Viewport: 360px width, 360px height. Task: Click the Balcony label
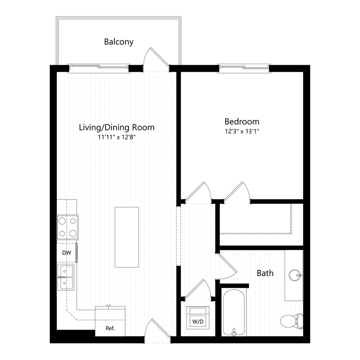118,42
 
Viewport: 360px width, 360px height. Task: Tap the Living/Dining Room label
116,128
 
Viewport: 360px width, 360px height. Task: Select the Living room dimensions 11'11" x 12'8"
116,137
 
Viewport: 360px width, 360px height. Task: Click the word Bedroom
242,121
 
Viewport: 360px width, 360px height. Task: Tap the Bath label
265,273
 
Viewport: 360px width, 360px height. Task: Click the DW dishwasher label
66,253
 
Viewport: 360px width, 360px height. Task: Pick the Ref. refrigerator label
110,328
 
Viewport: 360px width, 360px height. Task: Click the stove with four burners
68,227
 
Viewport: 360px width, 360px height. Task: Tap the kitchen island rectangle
127,237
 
